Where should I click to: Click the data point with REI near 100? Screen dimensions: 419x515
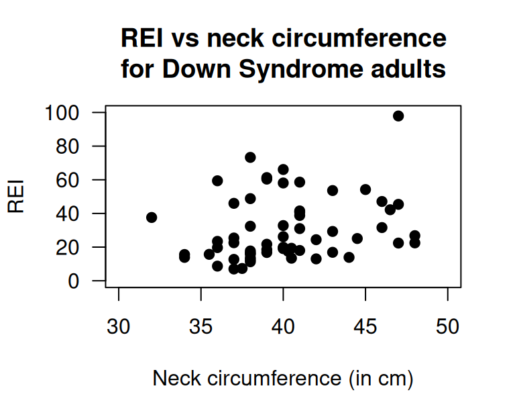398,116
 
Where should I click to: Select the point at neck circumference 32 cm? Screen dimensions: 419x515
152,218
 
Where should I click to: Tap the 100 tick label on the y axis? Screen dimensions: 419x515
62,113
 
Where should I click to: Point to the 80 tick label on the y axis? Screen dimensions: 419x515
68,146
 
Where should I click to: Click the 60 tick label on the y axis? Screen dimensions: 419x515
68,180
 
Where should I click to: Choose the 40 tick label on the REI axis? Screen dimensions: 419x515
68,214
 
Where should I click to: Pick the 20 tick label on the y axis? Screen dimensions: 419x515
68,247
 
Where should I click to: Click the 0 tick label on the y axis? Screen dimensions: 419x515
74,281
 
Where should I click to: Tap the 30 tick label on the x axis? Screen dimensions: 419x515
119,327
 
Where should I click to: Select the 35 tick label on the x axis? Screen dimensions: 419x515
201,327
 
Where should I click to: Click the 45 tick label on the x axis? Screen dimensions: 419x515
365,327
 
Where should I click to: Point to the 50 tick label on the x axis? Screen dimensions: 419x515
447,327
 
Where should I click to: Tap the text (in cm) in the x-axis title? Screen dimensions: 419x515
380,379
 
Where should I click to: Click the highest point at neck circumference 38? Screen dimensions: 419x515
250,157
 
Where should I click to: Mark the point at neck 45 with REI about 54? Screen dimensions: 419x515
365,189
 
